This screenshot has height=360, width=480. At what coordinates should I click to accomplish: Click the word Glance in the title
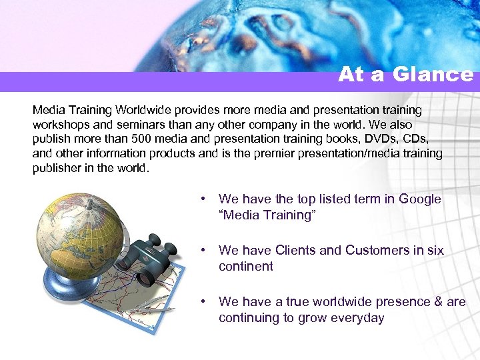(433, 74)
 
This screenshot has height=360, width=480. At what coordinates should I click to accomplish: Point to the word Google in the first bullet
(420, 199)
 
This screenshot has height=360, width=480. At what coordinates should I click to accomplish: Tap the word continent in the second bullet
(245, 267)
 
